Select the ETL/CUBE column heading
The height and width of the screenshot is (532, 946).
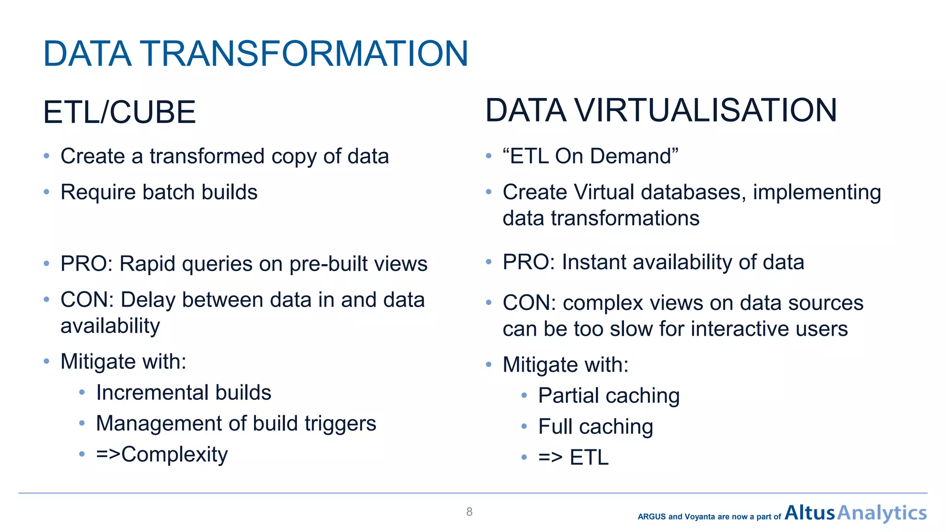[119, 112]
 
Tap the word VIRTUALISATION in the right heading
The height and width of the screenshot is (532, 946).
[705, 110]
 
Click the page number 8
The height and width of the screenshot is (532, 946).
[469, 512]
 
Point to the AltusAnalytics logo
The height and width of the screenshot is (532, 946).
[855, 513]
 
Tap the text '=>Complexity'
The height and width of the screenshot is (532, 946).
[162, 454]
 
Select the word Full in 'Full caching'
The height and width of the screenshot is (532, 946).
[555, 426]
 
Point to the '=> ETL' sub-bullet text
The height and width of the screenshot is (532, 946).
[573, 458]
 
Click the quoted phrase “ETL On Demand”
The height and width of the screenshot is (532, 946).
[590, 156]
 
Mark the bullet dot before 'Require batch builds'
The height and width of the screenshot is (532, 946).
[46, 192]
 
